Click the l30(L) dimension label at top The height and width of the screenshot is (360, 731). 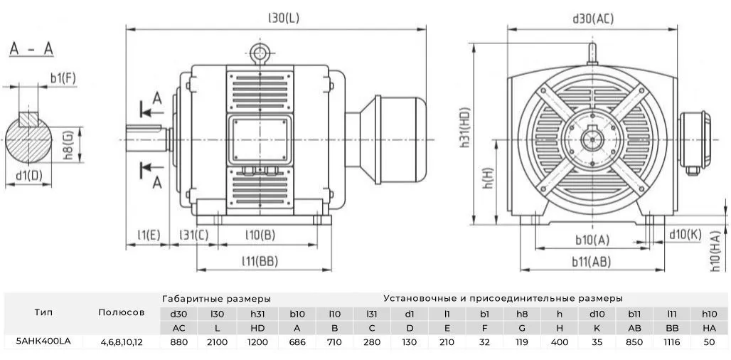[x=283, y=18]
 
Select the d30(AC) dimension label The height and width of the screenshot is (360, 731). [x=592, y=18]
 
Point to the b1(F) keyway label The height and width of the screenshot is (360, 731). [x=63, y=78]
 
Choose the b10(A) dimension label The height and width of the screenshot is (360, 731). [x=592, y=238]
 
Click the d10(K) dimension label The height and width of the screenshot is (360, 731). [x=685, y=234]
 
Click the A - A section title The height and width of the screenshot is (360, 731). [x=31, y=49]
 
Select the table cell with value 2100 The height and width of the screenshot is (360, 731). [x=218, y=342]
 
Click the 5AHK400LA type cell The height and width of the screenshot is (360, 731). [x=43, y=342]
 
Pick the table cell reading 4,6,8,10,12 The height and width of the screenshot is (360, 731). [x=122, y=342]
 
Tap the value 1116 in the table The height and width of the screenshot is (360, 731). [x=671, y=342]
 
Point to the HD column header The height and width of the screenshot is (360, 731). [x=257, y=327]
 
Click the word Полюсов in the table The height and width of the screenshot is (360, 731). [x=122, y=312]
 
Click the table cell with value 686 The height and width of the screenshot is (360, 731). [x=297, y=342]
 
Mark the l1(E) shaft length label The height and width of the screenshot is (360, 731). [x=149, y=235]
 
